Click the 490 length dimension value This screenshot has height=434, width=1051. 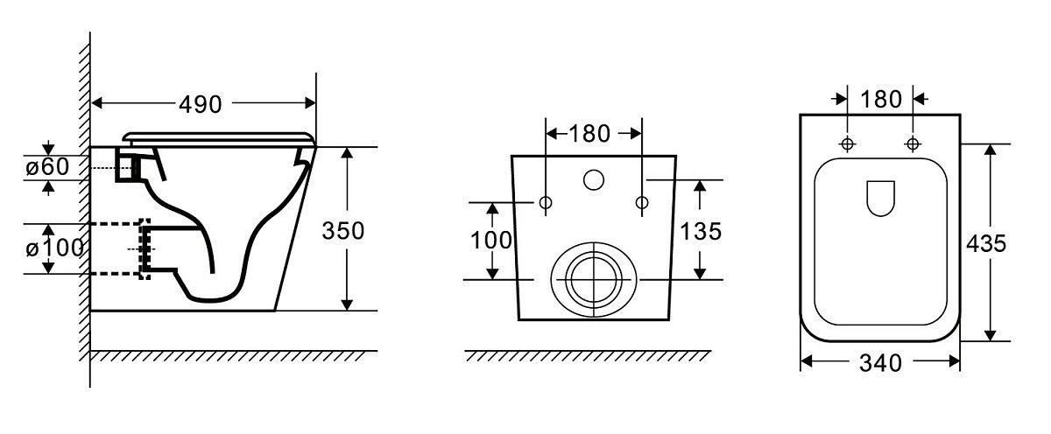click(x=201, y=103)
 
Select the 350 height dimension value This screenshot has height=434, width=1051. click(x=343, y=231)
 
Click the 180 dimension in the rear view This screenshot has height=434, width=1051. click(x=588, y=134)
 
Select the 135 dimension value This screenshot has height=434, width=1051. click(x=701, y=231)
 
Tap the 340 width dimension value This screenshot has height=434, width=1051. click(x=880, y=362)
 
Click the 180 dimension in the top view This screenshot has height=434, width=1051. click(x=880, y=99)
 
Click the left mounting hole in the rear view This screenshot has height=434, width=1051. click(x=546, y=203)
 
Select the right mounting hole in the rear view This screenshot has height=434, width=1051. click(x=642, y=203)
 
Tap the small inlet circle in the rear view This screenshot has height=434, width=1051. click(x=594, y=180)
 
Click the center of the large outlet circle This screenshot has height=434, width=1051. click(x=593, y=278)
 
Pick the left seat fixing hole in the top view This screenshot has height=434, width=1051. click(x=848, y=143)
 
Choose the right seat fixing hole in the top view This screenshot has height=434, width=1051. click(x=913, y=143)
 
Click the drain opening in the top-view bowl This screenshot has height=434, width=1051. click(x=880, y=198)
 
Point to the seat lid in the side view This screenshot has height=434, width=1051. click(x=218, y=137)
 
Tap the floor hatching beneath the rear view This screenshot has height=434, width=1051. click(x=587, y=356)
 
